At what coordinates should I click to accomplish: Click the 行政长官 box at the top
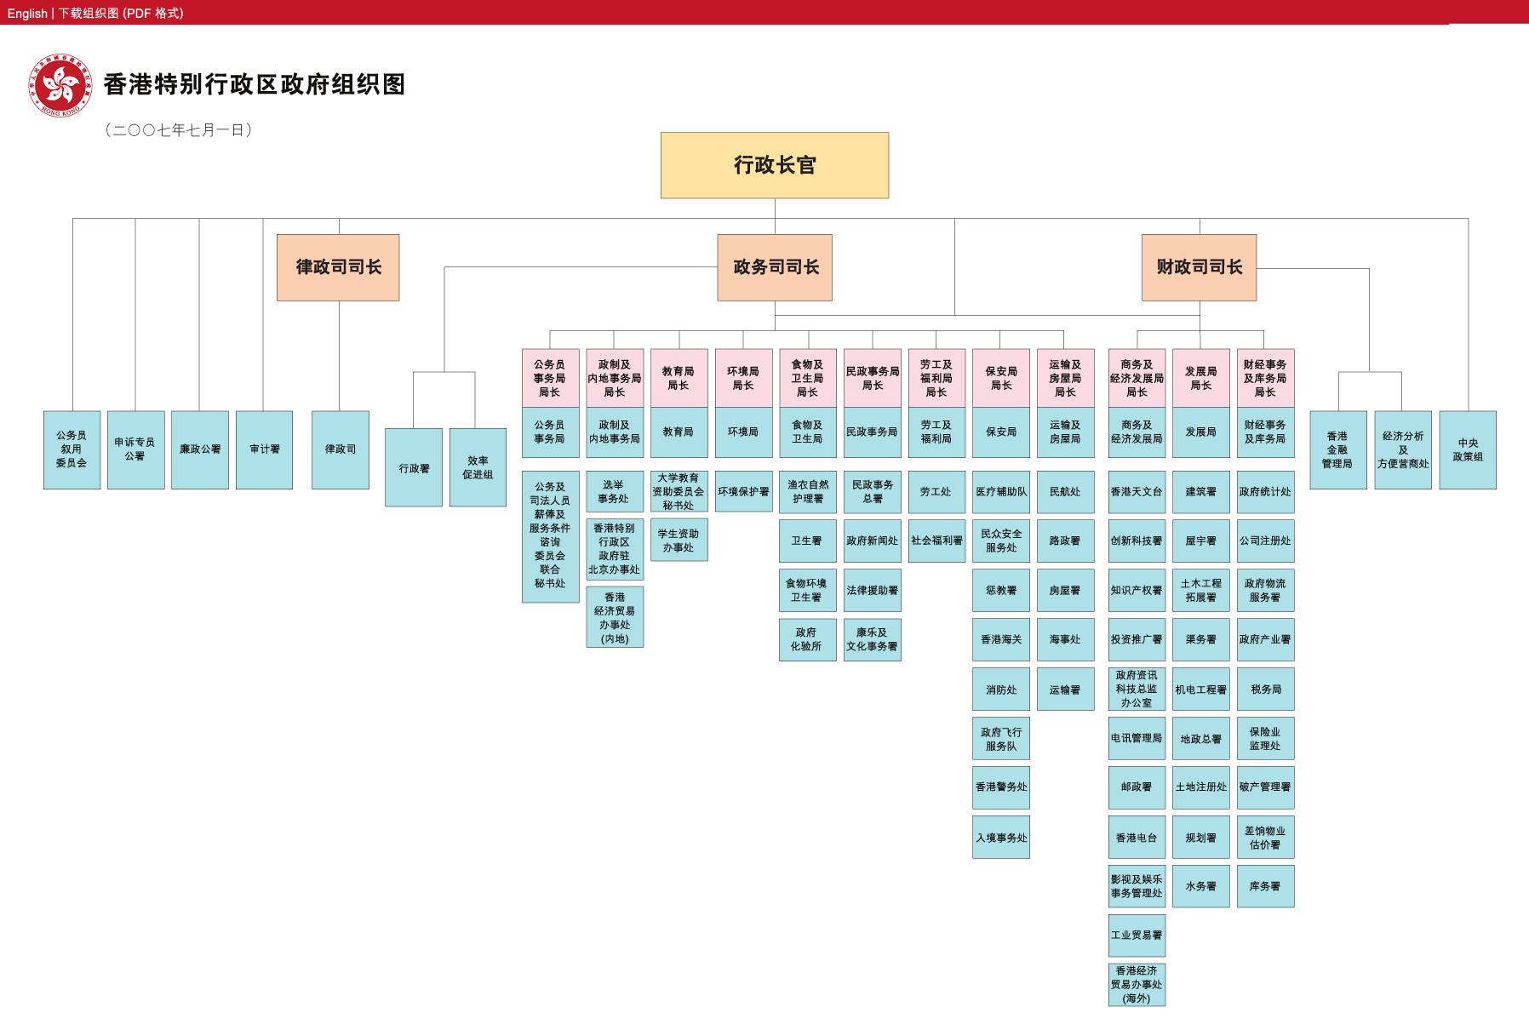point(775,165)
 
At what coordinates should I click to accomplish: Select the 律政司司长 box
point(338,267)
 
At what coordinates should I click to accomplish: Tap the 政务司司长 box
point(775,267)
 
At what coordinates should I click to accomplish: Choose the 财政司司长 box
point(1199,267)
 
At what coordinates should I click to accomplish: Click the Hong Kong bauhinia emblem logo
point(60,85)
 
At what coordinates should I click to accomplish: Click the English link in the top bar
point(27,13)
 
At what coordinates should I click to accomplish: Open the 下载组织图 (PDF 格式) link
point(121,13)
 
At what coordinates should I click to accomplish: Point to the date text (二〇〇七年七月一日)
point(179,130)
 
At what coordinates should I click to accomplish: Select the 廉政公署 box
point(200,449)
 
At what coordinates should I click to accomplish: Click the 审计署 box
point(264,449)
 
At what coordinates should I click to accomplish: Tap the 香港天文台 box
point(1137,492)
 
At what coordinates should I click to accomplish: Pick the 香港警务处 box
point(1001,787)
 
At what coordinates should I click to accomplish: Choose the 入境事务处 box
point(1001,838)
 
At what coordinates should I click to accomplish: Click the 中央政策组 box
point(1468,450)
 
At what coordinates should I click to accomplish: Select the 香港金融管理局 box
point(1337,450)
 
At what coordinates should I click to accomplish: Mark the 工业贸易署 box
point(1137,936)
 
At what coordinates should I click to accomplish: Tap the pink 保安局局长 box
point(1001,378)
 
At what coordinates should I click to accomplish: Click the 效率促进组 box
point(478,467)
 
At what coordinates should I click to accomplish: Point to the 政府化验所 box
point(807,639)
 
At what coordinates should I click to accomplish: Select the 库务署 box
point(1265,886)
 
